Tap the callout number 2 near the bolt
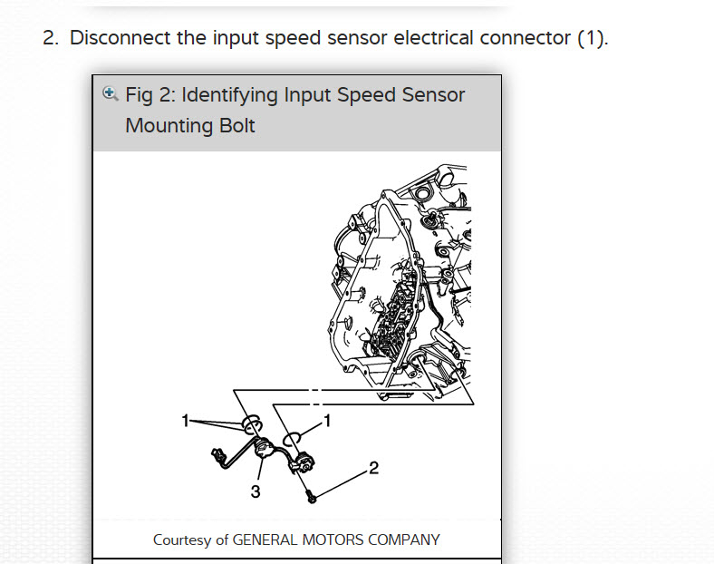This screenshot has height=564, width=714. pyautogui.click(x=373, y=468)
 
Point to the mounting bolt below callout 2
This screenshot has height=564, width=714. pyautogui.click(x=311, y=495)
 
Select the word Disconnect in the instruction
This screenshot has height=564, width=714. pyautogui.click(x=115, y=38)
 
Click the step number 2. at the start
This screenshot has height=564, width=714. pyautogui.click(x=51, y=38)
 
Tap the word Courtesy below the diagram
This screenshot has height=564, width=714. pyautogui.click(x=182, y=540)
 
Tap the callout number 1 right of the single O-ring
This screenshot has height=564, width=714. pyautogui.click(x=327, y=419)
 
